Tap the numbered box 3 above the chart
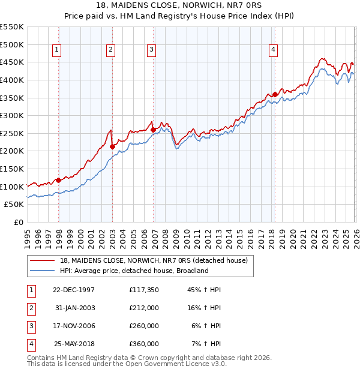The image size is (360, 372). pos(152,50)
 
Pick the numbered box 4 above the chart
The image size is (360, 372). pos(273,50)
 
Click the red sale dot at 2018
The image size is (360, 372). pos(275,94)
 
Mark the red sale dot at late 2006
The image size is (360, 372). pos(153,130)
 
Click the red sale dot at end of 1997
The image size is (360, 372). pos(59,180)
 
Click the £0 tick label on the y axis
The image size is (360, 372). pos(18,222)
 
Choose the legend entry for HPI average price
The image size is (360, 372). pos(134,271)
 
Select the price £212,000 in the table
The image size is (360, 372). pos(144,307)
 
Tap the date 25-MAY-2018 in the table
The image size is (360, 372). pos(73,344)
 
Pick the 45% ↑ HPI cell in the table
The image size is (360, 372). pos(205,289)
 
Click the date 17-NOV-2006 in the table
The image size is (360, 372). pos(73,326)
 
